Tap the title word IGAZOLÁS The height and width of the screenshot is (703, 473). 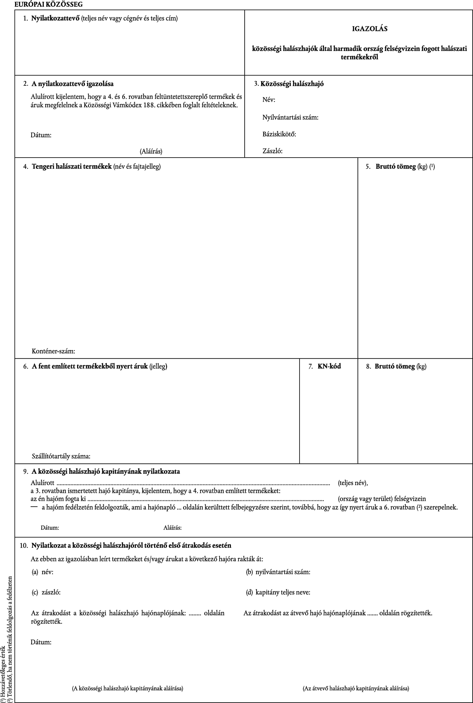tap(370, 29)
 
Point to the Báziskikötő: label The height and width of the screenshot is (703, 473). tap(279, 134)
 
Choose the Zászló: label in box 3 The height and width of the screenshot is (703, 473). tap(272, 151)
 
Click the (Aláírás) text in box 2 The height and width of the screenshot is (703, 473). tap(151, 151)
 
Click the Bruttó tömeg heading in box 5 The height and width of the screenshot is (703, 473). tap(395, 167)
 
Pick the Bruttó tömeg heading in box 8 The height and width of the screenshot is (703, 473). tap(395, 366)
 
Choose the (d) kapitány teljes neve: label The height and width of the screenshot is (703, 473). tap(278, 592)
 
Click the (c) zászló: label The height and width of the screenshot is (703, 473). tap(46, 592)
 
